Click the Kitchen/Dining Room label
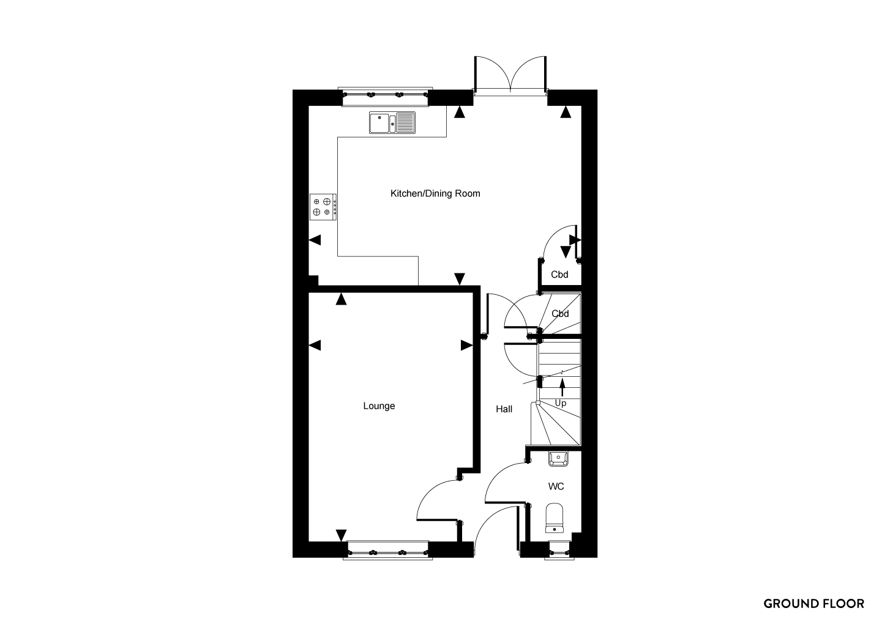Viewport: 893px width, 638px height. coord(435,194)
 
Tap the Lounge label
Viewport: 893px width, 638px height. coord(379,406)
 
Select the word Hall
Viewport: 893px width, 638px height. coord(504,409)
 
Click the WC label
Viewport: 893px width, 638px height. coord(556,486)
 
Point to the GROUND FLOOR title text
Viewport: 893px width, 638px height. coord(813,604)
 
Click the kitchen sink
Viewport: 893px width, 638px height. coord(392,122)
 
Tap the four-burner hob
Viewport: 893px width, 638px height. coord(323,207)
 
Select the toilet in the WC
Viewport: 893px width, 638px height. coord(554,517)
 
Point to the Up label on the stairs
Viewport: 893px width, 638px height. coord(561,403)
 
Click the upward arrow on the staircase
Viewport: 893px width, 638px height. coord(562,388)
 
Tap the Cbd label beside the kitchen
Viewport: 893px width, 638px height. coord(559,275)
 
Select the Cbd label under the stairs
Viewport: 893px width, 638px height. coord(560,314)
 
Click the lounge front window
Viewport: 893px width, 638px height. coord(387,551)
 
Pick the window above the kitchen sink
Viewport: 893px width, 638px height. coord(385,97)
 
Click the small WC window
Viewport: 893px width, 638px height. coord(559,551)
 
